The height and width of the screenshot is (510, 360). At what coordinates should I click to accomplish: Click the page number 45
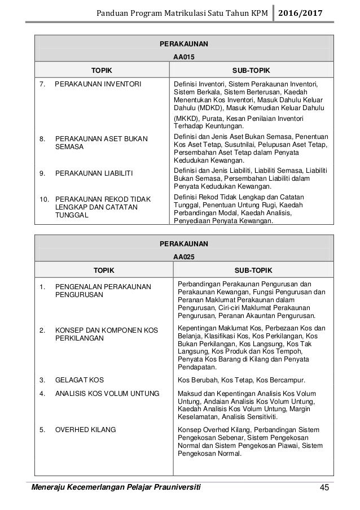pos(323,487)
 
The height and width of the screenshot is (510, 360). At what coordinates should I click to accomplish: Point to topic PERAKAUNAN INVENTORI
pos(98,85)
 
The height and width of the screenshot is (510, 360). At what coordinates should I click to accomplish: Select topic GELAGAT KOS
pos(79,381)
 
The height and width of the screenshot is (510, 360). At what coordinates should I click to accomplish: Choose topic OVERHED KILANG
pos(86,430)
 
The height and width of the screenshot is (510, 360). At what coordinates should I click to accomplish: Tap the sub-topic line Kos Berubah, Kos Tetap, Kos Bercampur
pos(242,381)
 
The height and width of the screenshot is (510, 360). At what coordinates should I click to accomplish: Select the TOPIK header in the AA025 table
pos(103,270)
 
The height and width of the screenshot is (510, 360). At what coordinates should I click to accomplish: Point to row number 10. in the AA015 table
pos(43,199)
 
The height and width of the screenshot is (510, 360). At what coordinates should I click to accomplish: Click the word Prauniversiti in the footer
pos(172,487)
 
